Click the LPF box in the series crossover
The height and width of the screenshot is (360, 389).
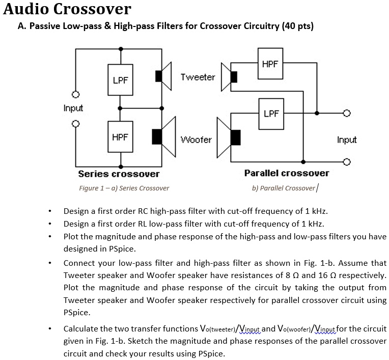click(x=120, y=80)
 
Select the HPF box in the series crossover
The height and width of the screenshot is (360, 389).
click(x=120, y=136)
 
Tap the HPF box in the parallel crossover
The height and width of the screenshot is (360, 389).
click(x=270, y=64)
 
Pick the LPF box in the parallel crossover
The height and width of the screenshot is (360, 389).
click(x=271, y=113)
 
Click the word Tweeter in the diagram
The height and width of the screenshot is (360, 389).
click(x=198, y=77)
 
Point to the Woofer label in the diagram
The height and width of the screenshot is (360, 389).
click(x=197, y=139)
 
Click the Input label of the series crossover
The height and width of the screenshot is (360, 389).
click(x=73, y=108)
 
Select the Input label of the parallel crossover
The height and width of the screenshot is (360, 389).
click(x=347, y=140)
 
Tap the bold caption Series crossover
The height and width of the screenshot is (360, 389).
click(x=119, y=174)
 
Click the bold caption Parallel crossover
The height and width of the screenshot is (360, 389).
click(x=287, y=173)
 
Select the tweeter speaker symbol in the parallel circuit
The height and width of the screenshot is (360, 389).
click(x=229, y=77)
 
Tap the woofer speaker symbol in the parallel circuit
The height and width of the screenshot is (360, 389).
click(x=229, y=137)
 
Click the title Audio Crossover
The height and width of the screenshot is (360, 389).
click(x=67, y=9)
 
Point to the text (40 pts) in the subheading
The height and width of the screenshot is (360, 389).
click(x=297, y=26)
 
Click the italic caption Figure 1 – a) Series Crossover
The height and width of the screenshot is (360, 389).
click(x=124, y=188)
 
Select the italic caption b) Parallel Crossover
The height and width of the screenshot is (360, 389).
click(x=284, y=188)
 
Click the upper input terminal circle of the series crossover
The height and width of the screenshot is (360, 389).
click(x=75, y=95)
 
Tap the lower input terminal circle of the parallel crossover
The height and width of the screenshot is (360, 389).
click(x=347, y=162)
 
